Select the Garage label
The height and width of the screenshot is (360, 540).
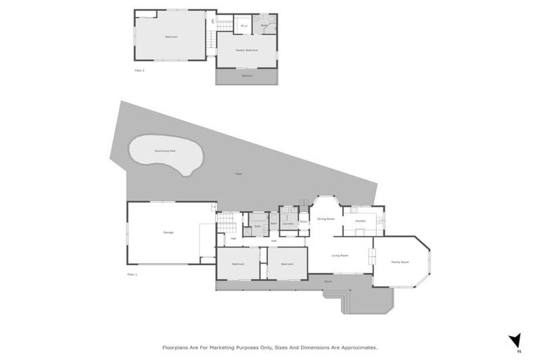point(168,232)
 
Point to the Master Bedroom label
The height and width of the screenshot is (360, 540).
point(247,51)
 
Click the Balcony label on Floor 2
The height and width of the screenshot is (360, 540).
point(247,75)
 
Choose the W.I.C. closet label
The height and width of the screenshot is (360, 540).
point(243,26)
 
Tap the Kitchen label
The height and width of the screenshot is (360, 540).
point(360,221)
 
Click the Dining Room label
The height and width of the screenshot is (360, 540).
point(326,219)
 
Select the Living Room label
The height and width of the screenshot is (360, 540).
point(340,255)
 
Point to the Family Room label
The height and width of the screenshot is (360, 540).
point(400,262)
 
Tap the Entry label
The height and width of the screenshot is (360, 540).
point(304,221)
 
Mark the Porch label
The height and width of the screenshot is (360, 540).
point(328,281)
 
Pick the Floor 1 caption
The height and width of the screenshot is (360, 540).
point(131,274)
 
